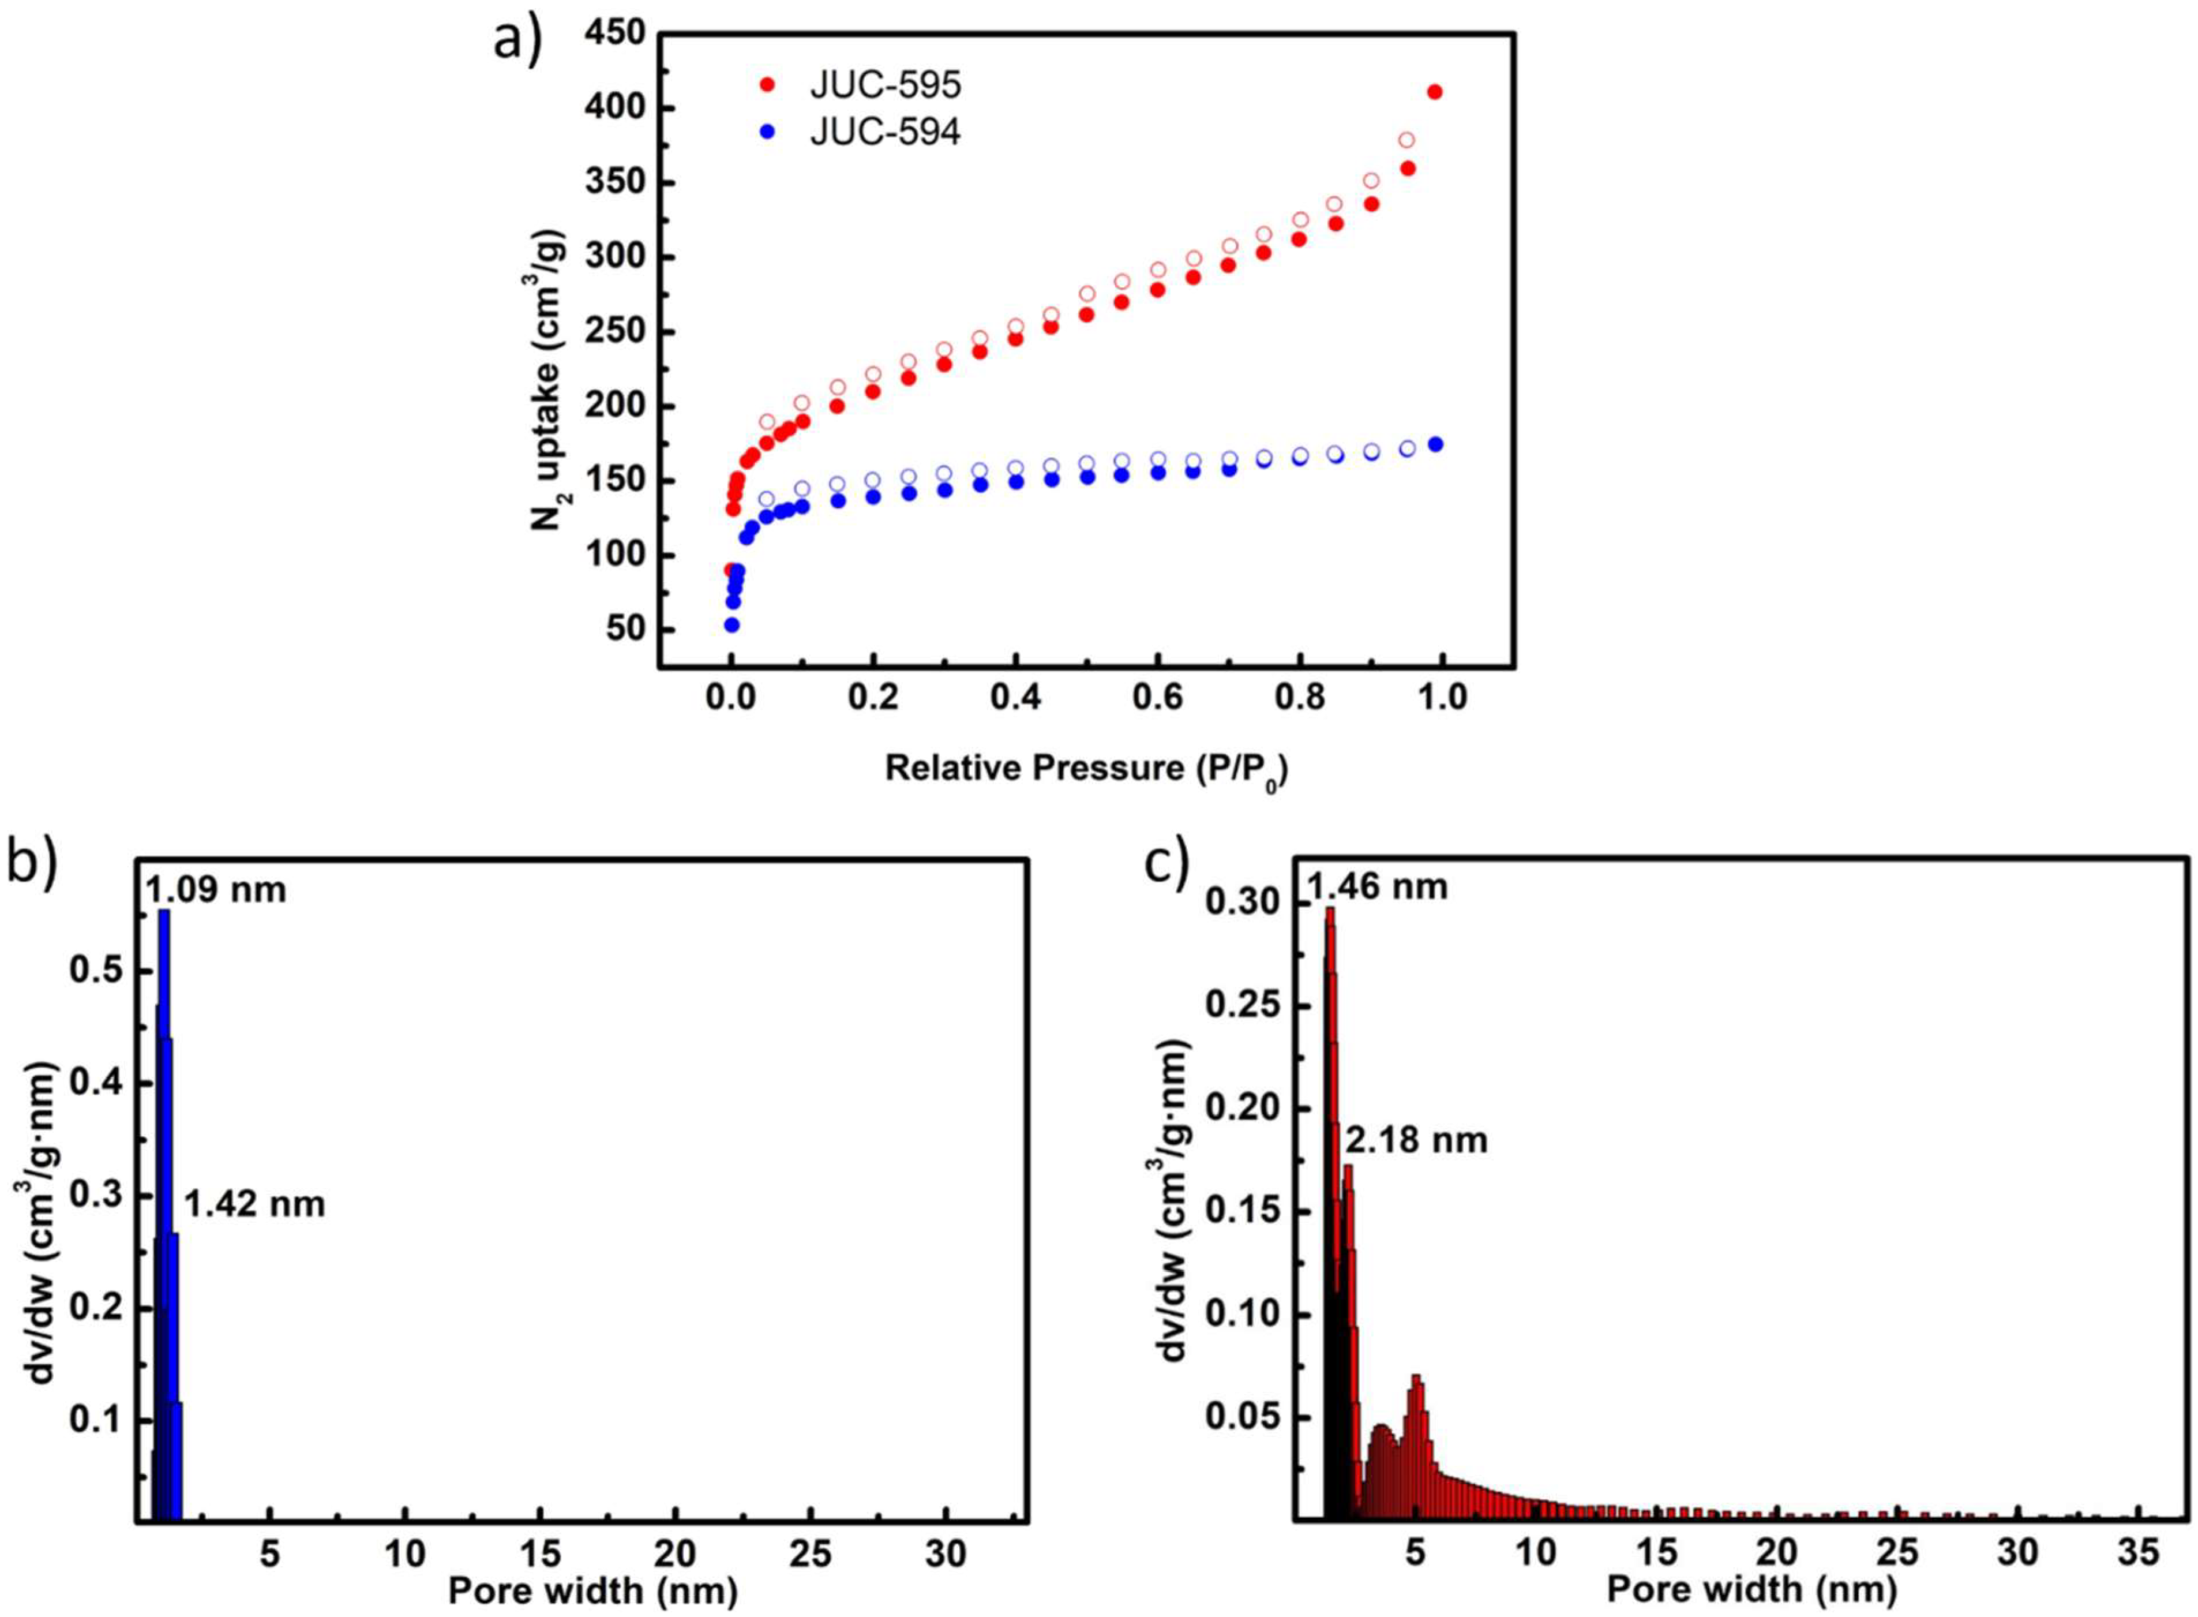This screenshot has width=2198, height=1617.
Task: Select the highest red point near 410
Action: coord(1435,92)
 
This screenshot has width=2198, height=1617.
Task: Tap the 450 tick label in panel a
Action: coord(617,34)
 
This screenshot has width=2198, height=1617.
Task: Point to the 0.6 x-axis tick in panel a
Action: coord(1158,697)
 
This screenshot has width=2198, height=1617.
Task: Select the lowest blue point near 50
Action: coord(731,624)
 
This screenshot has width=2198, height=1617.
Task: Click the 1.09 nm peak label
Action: coord(217,890)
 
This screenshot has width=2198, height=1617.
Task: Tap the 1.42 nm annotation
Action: coord(254,1203)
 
